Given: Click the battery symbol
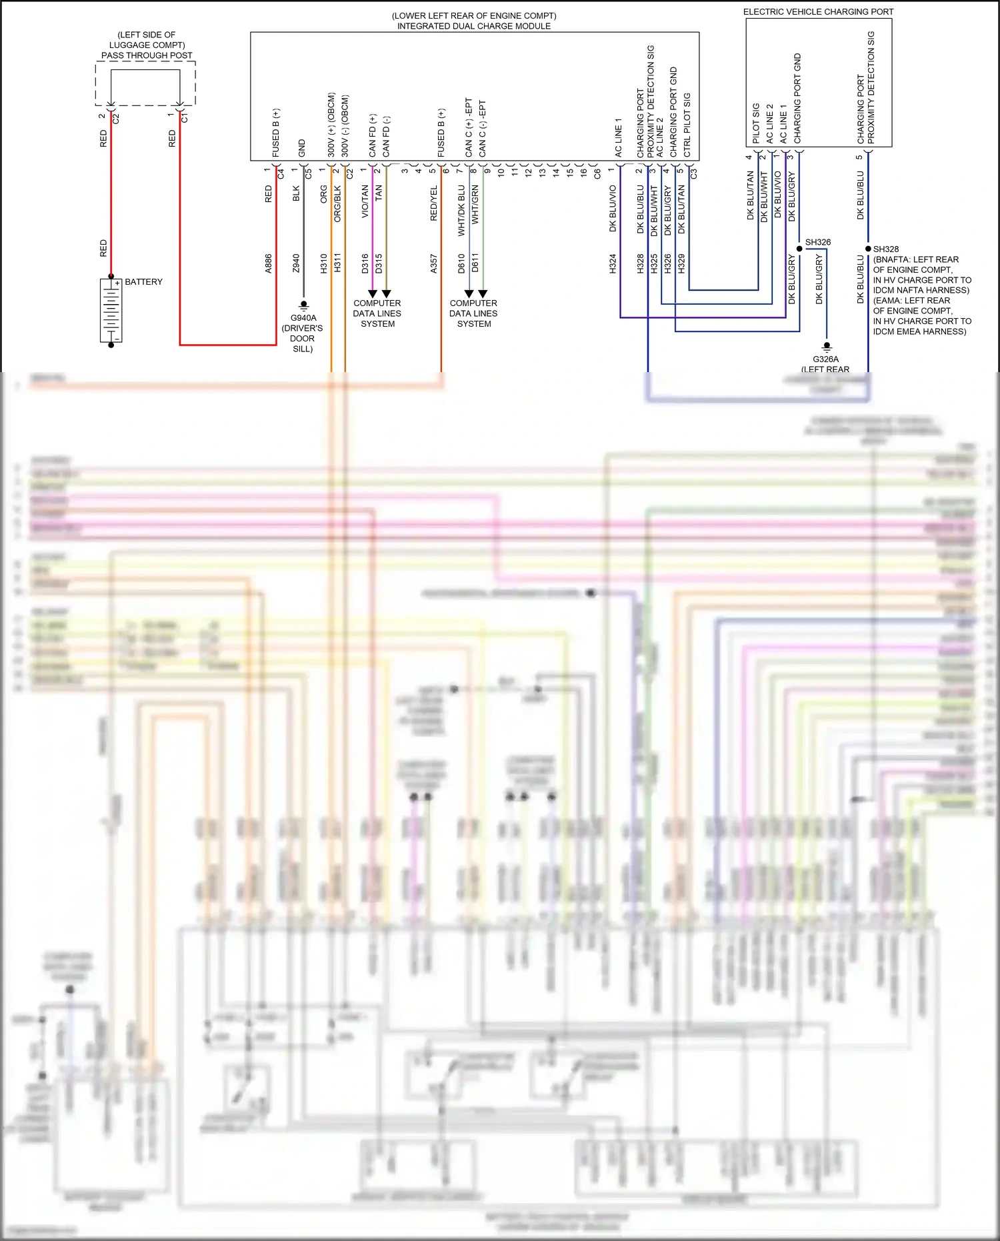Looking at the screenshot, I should (111, 311).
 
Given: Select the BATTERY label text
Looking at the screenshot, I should (143, 282).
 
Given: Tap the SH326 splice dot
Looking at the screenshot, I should (799, 249).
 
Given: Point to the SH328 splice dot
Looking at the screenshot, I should (868, 249).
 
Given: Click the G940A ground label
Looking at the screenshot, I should (303, 318).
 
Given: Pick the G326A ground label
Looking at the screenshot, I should (825, 359).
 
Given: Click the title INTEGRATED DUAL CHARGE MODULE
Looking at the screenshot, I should (474, 26).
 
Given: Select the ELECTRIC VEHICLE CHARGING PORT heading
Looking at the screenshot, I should (818, 12).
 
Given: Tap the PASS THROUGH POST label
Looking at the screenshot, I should (147, 55).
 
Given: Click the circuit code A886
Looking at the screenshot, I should (269, 263).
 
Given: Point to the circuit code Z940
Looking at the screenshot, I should (296, 263).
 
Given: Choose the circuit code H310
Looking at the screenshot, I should (324, 263).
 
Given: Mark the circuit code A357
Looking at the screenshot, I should (434, 263).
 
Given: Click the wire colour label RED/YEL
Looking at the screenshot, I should (434, 203).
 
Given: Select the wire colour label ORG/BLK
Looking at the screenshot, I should (337, 203).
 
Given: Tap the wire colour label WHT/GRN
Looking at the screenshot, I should (475, 205).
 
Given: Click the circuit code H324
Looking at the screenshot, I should (613, 263).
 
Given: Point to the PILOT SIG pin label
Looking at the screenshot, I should (756, 123).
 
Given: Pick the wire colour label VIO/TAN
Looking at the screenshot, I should (365, 201).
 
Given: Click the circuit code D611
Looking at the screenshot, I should (475, 263).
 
